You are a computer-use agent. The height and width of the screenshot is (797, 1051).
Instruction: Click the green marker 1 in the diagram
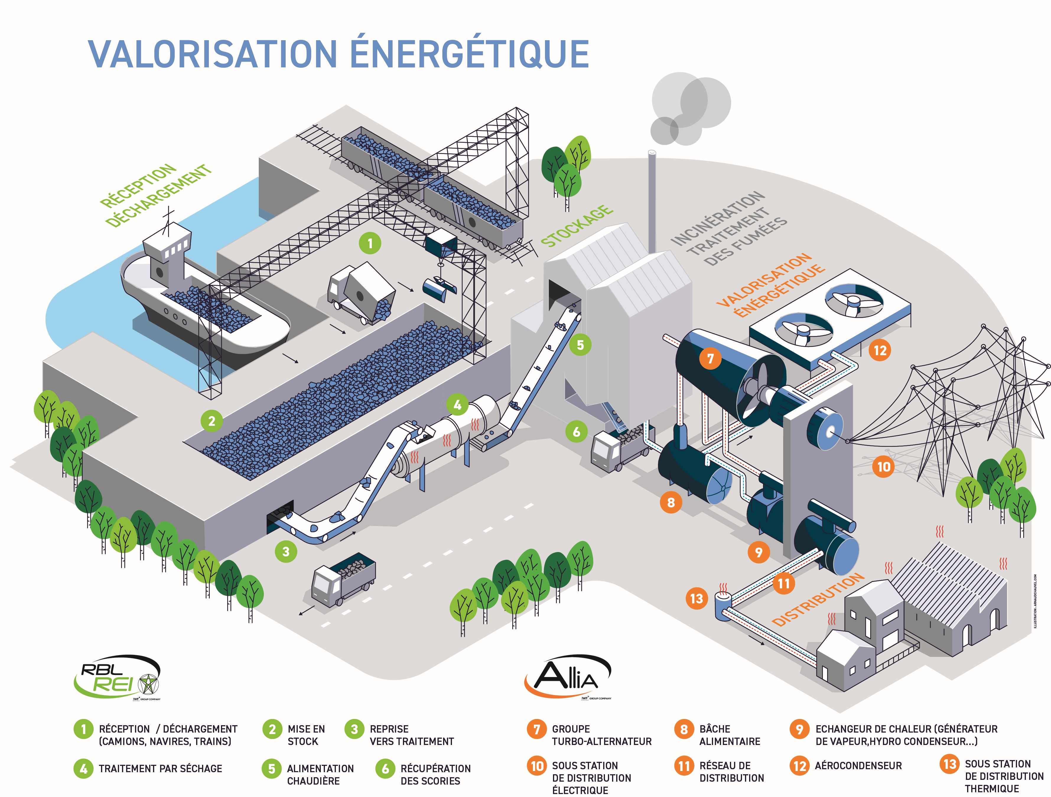click(370, 244)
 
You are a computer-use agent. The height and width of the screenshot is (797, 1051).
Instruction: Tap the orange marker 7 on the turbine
click(710, 358)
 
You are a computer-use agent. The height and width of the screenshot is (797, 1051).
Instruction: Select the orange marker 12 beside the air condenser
click(880, 351)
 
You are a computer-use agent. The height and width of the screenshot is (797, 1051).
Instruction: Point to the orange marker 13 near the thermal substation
click(697, 598)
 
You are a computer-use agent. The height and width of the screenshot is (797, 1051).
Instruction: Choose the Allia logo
click(567, 677)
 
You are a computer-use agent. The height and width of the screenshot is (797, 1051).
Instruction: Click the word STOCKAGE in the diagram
click(577, 226)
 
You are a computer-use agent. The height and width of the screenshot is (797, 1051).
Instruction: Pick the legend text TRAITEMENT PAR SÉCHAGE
click(160, 769)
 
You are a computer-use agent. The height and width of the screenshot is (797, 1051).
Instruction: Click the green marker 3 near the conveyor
click(286, 552)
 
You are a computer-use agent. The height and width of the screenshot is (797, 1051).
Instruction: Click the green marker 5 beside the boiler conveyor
click(580, 345)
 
